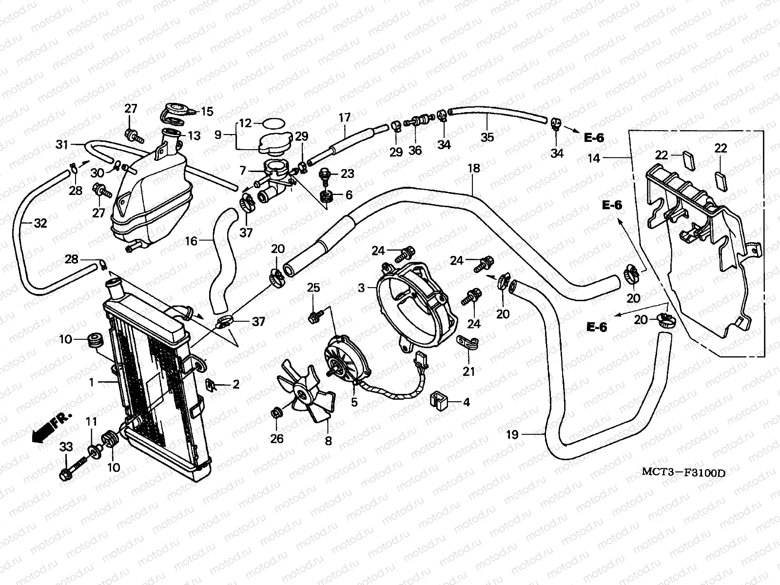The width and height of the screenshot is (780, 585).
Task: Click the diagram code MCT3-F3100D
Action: click(682, 472)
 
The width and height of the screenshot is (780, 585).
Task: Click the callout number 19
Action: click(512, 434)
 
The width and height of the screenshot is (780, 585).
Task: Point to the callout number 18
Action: click(473, 169)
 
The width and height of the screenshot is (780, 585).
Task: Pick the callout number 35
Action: click(487, 137)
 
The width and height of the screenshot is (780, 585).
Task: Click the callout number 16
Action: click(191, 240)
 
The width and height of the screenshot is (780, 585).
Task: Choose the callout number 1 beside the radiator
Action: click(91, 383)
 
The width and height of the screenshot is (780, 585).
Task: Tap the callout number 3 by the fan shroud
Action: click(361, 288)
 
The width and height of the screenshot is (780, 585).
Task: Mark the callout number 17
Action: click(345, 117)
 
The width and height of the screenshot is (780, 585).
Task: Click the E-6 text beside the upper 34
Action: click(594, 138)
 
